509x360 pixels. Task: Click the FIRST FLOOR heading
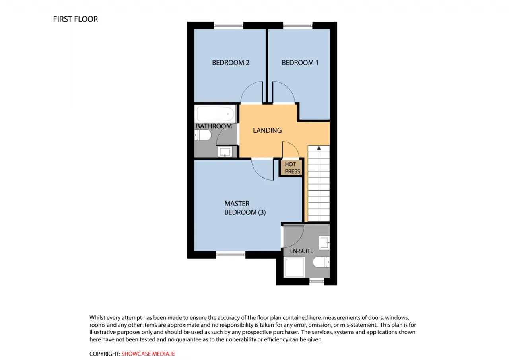tap(76, 19)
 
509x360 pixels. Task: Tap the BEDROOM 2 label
tap(231, 63)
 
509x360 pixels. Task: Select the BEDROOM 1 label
tap(300, 63)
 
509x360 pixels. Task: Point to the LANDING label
tap(267, 130)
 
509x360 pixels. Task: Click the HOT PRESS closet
tap(291, 168)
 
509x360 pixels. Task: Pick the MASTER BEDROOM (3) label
tap(245, 208)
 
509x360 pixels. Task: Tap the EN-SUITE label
tap(301, 251)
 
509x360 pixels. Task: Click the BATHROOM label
tap(214, 126)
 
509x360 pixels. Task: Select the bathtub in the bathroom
tap(215, 114)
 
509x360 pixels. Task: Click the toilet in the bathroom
tap(203, 135)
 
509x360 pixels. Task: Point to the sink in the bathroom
tap(225, 152)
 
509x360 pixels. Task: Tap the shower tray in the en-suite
tap(294, 267)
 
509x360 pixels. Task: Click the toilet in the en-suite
tap(321, 262)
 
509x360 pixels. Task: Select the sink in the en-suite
tap(324, 243)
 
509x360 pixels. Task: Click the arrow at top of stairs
tap(319, 148)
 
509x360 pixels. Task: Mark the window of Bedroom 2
tap(228, 26)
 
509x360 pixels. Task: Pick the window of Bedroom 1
tap(298, 26)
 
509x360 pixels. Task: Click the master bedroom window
tap(231, 255)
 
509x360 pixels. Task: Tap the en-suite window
tap(317, 282)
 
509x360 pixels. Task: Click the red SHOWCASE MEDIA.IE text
tap(148, 354)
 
